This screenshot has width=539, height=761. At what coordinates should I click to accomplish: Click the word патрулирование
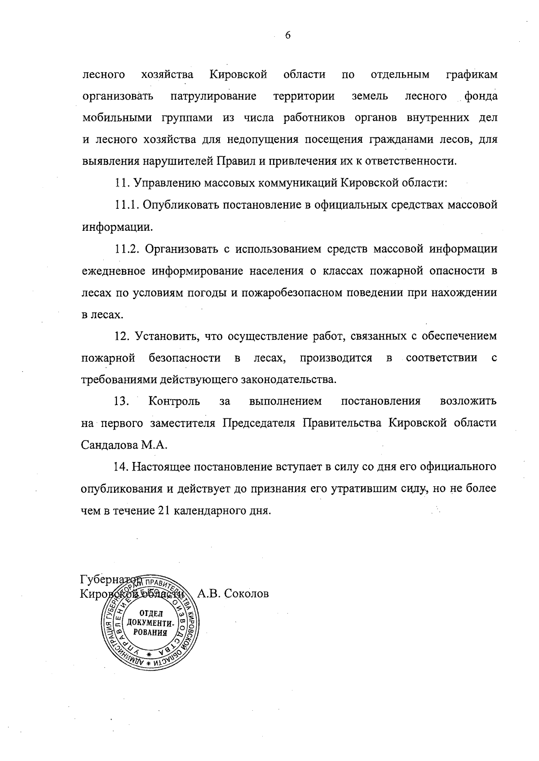pos(213,96)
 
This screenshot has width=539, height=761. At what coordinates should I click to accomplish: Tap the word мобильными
pos(118,118)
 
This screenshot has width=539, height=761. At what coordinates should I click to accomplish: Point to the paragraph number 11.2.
pos(128,249)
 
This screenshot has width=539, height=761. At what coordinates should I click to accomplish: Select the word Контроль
pos(174,401)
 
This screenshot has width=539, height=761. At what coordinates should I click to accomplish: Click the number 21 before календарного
pos(163,511)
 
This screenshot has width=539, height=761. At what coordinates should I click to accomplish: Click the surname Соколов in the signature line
pos(246,594)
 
